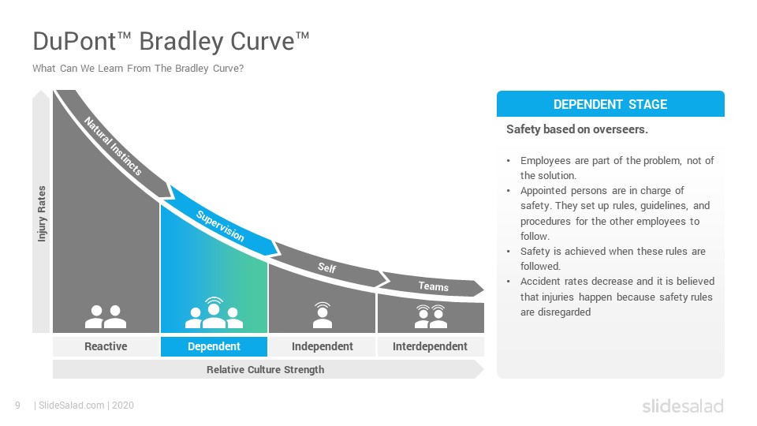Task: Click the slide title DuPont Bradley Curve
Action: point(171,42)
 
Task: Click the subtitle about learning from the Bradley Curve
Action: point(138,69)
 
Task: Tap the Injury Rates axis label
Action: point(42,214)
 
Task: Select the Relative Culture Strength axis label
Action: point(266,369)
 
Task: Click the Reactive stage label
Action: point(106,346)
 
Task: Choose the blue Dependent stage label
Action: point(214,346)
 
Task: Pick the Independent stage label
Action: point(322,346)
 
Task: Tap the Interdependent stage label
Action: point(430,346)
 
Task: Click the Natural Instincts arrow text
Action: point(113,147)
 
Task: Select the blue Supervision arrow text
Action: point(220,226)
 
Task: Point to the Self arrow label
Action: point(326,267)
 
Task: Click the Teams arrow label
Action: point(434,286)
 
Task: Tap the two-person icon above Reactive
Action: point(106,317)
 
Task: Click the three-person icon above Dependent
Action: point(214,313)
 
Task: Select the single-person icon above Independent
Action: point(323,315)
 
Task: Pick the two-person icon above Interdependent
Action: point(431,316)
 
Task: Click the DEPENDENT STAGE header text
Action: point(610,104)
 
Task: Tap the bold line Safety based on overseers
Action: point(577,129)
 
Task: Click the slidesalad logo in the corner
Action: point(683,405)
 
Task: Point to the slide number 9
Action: point(18,405)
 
